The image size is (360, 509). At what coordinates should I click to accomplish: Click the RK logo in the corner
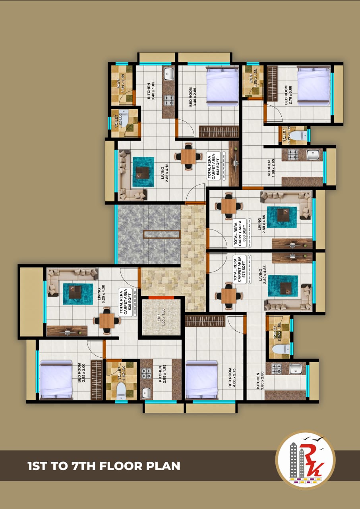[305, 460]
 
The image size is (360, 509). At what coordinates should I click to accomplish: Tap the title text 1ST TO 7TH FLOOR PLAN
[104, 465]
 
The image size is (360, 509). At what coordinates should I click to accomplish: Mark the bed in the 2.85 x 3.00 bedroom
[56, 379]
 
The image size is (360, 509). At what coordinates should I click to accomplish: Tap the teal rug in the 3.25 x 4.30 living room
[78, 293]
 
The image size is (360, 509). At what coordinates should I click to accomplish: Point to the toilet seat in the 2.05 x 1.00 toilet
[281, 349]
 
